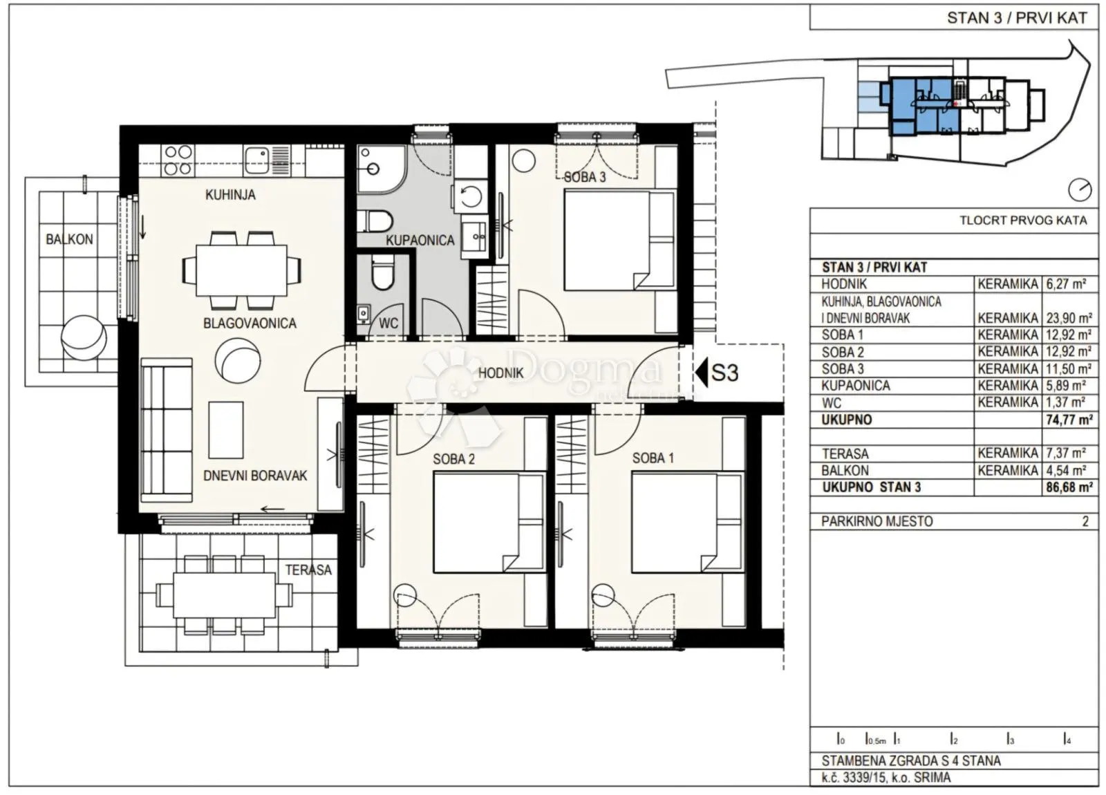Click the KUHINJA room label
(x=231, y=194)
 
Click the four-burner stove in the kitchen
(x=178, y=160)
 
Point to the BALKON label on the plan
(x=69, y=239)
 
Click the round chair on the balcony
(x=83, y=338)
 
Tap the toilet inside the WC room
(x=382, y=274)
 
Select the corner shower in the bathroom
(x=382, y=169)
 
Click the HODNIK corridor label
(x=500, y=373)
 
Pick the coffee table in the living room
(x=226, y=430)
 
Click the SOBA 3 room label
(x=585, y=177)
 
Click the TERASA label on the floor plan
(x=308, y=570)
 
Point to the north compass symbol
(x=1080, y=189)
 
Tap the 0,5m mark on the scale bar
(x=876, y=740)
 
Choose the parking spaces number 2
(x=1085, y=521)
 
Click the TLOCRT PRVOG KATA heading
(x=1023, y=221)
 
